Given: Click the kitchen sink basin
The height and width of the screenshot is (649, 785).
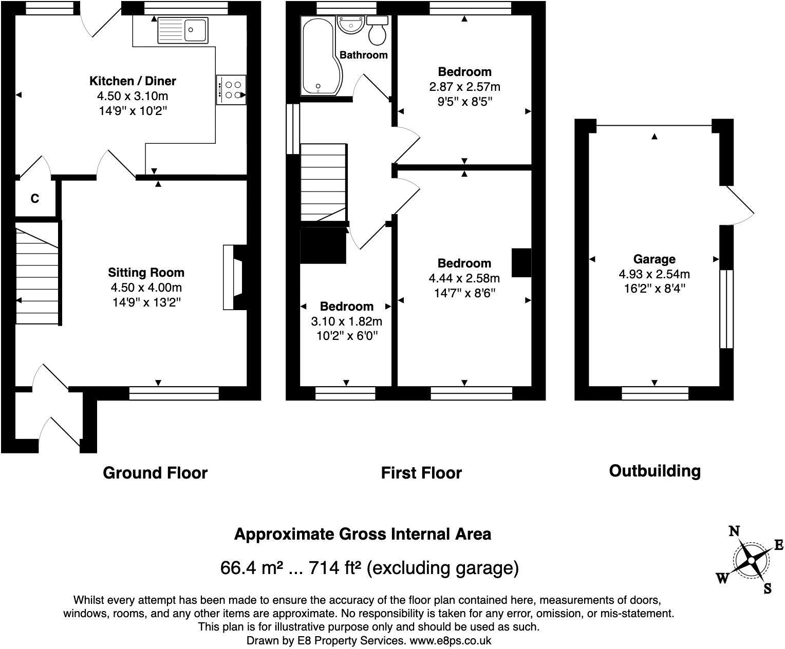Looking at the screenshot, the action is [x=196, y=30].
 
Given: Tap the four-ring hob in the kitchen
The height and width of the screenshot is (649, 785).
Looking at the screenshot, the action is [x=231, y=90].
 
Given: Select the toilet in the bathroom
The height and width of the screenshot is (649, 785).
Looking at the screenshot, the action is [x=377, y=30].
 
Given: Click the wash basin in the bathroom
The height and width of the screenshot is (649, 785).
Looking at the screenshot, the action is [x=350, y=25].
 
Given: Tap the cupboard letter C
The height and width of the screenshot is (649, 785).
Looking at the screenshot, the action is [x=34, y=198].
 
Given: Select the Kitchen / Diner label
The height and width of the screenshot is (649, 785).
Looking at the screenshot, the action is [x=133, y=81].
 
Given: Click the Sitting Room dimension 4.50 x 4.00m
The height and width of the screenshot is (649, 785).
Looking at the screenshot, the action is [x=146, y=288].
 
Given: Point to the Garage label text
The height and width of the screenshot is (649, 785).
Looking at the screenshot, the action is [x=654, y=259].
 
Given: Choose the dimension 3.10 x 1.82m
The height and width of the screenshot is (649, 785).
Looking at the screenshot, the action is [x=346, y=321].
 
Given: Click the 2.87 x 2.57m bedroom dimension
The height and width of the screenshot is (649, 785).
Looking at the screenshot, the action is [x=465, y=87].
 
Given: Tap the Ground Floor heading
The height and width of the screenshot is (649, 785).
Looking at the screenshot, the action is [x=155, y=473].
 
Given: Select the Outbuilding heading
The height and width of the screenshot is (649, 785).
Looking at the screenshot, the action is [x=655, y=471].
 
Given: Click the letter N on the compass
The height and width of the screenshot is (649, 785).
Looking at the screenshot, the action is [x=734, y=531].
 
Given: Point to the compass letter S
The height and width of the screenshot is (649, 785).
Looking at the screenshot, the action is [x=768, y=588].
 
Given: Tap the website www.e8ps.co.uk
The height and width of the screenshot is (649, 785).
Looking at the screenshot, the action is [x=451, y=640].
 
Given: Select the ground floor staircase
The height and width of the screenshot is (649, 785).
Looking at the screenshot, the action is [x=38, y=273].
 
